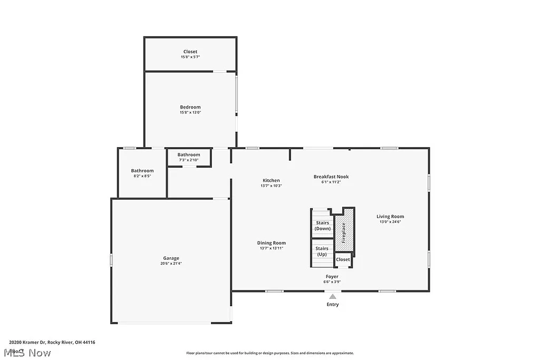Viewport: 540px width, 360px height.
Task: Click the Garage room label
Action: click(x=171, y=258)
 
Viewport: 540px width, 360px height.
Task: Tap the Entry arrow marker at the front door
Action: click(x=333, y=297)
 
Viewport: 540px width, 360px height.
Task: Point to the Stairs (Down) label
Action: click(x=322, y=226)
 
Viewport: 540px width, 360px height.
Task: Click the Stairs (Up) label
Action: click(x=322, y=251)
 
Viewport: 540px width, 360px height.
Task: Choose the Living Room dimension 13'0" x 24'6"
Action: click(x=390, y=222)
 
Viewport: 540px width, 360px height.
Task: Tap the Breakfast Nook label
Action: click(x=331, y=177)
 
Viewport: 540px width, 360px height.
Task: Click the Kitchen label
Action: click(x=271, y=180)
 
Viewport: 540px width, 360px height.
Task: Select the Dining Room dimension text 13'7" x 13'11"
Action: click(x=272, y=248)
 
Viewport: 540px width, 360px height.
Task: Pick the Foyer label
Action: click(x=332, y=276)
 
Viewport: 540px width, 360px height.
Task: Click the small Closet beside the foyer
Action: click(x=343, y=259)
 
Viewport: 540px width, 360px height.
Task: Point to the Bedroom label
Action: click(x=190, y=107)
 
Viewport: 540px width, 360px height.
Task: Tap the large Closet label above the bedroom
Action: click(x=190, y=52)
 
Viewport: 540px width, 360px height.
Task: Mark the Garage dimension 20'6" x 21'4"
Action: click(x=171, y=264)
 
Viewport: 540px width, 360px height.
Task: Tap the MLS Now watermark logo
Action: click(x=26, y=352)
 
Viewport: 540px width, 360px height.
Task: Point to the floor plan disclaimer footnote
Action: click(x=269, y=353)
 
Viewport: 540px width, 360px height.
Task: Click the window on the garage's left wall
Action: click(x=111, y=260)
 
